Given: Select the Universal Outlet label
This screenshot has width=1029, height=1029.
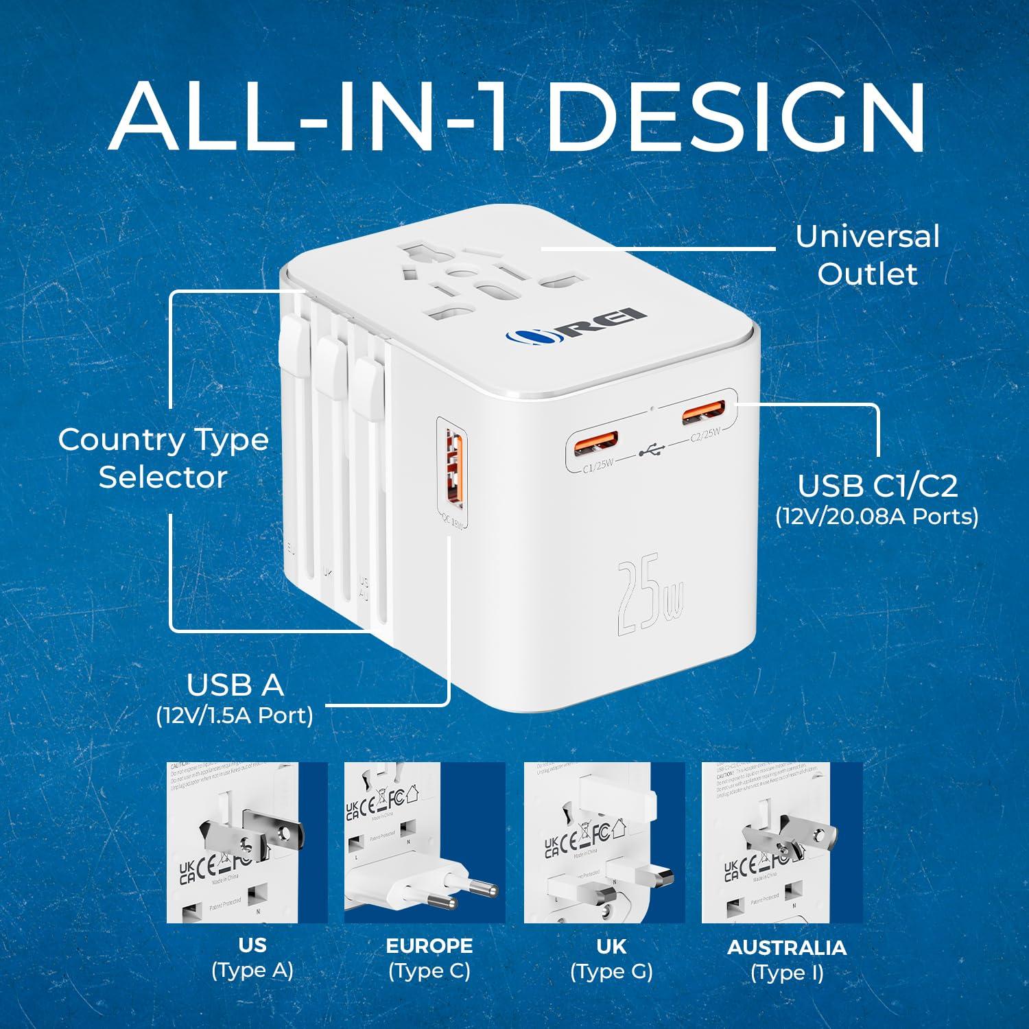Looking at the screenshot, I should coord(867,255).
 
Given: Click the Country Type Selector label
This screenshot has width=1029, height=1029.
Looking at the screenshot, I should coord(163,458).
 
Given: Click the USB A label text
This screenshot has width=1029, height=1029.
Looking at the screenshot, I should coord(235,684).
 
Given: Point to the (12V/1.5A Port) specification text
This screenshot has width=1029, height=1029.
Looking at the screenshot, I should coord(235,715).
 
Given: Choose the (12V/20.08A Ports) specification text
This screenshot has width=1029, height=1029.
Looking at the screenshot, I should coord(877,515).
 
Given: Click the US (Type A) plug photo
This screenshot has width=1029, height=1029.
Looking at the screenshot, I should coord(247,842).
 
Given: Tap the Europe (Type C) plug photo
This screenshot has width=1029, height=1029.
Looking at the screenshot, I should coord(425,842).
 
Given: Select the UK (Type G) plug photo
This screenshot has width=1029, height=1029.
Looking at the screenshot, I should coord(604,842).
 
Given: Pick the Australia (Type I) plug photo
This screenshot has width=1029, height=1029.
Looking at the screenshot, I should coord(782,842).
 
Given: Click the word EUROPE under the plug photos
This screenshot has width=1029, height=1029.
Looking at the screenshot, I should coord(429,946).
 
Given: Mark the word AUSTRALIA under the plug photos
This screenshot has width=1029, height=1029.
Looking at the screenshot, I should coord(787,947).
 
